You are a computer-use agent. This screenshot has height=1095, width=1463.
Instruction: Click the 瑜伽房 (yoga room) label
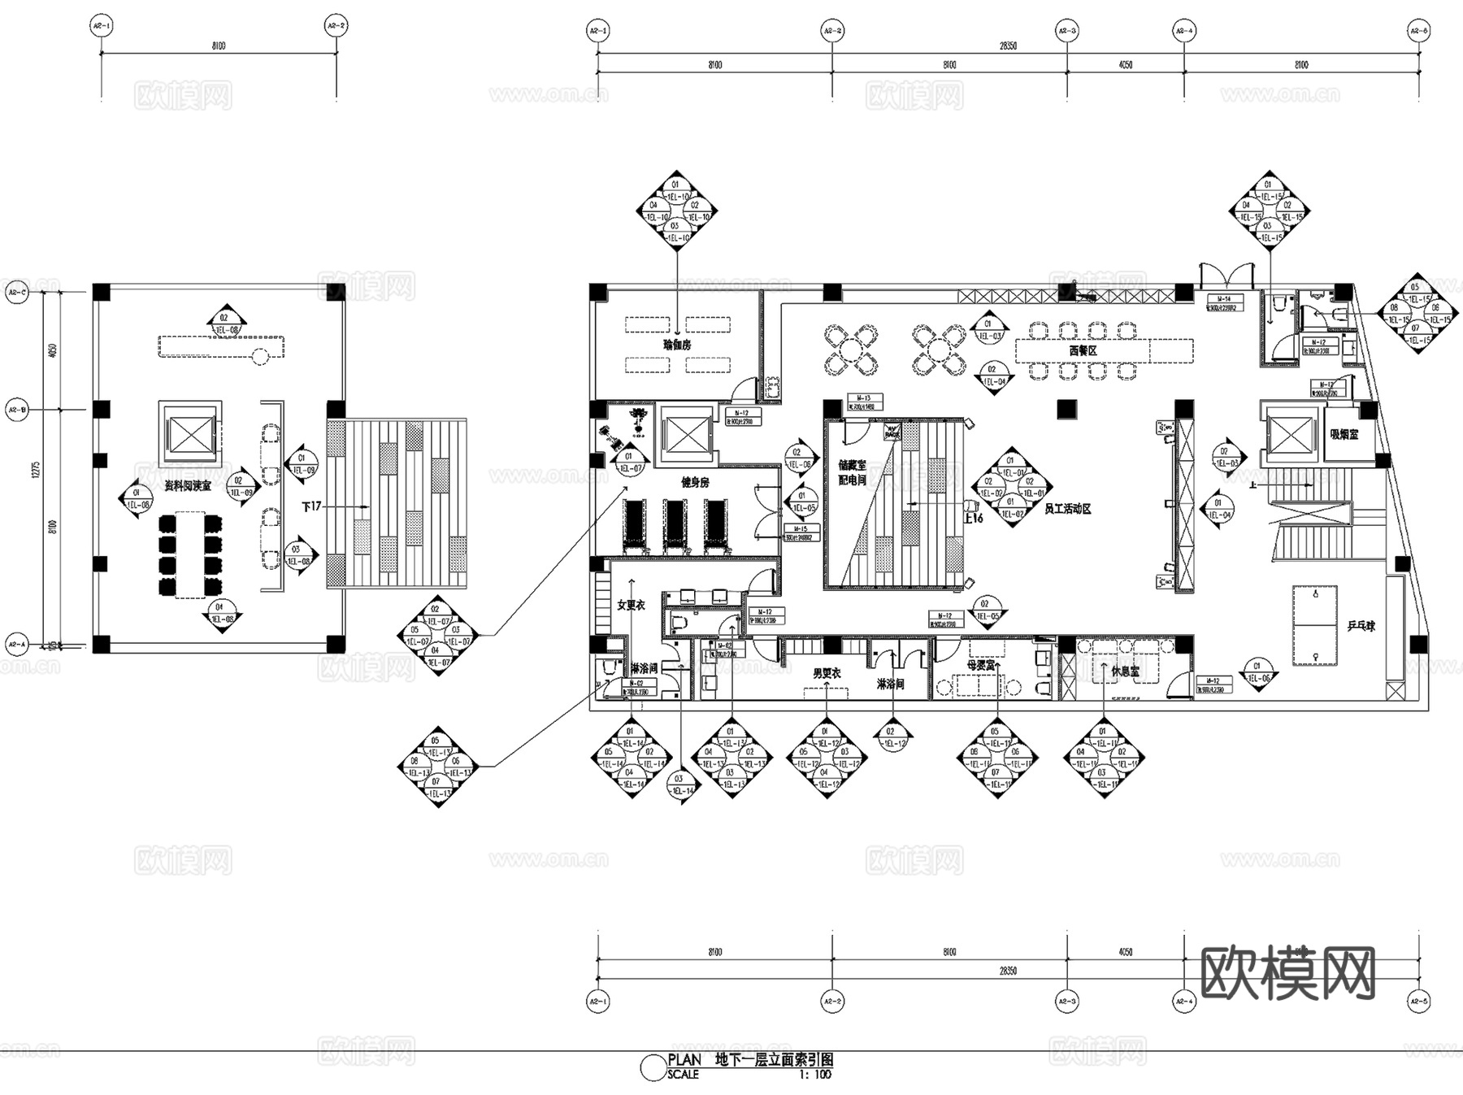676,345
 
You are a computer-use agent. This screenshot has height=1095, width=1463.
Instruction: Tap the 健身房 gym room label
695,482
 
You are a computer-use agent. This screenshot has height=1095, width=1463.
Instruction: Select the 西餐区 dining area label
1083,350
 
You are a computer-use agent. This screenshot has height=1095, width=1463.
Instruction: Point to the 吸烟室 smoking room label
1344,435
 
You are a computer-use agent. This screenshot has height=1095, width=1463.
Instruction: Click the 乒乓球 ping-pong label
1361,626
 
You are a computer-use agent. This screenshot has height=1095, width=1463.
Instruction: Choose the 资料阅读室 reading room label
188,485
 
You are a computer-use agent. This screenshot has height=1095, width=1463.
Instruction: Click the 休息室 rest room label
1125,671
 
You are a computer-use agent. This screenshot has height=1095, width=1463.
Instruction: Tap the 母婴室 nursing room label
981,665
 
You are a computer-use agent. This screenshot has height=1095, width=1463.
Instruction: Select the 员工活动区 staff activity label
1067,509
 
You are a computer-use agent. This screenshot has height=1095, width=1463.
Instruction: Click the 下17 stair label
311,506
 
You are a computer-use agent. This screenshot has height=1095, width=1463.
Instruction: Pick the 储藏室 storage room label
852,466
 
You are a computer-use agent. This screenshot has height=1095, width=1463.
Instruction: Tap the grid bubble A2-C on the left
16,293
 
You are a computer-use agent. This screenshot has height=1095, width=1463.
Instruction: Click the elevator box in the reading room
190,432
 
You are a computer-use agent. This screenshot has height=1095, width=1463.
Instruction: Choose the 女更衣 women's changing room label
631,605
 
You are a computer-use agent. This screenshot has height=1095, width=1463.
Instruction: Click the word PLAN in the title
684,1060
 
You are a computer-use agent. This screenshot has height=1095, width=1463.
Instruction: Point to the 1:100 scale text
815,1075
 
